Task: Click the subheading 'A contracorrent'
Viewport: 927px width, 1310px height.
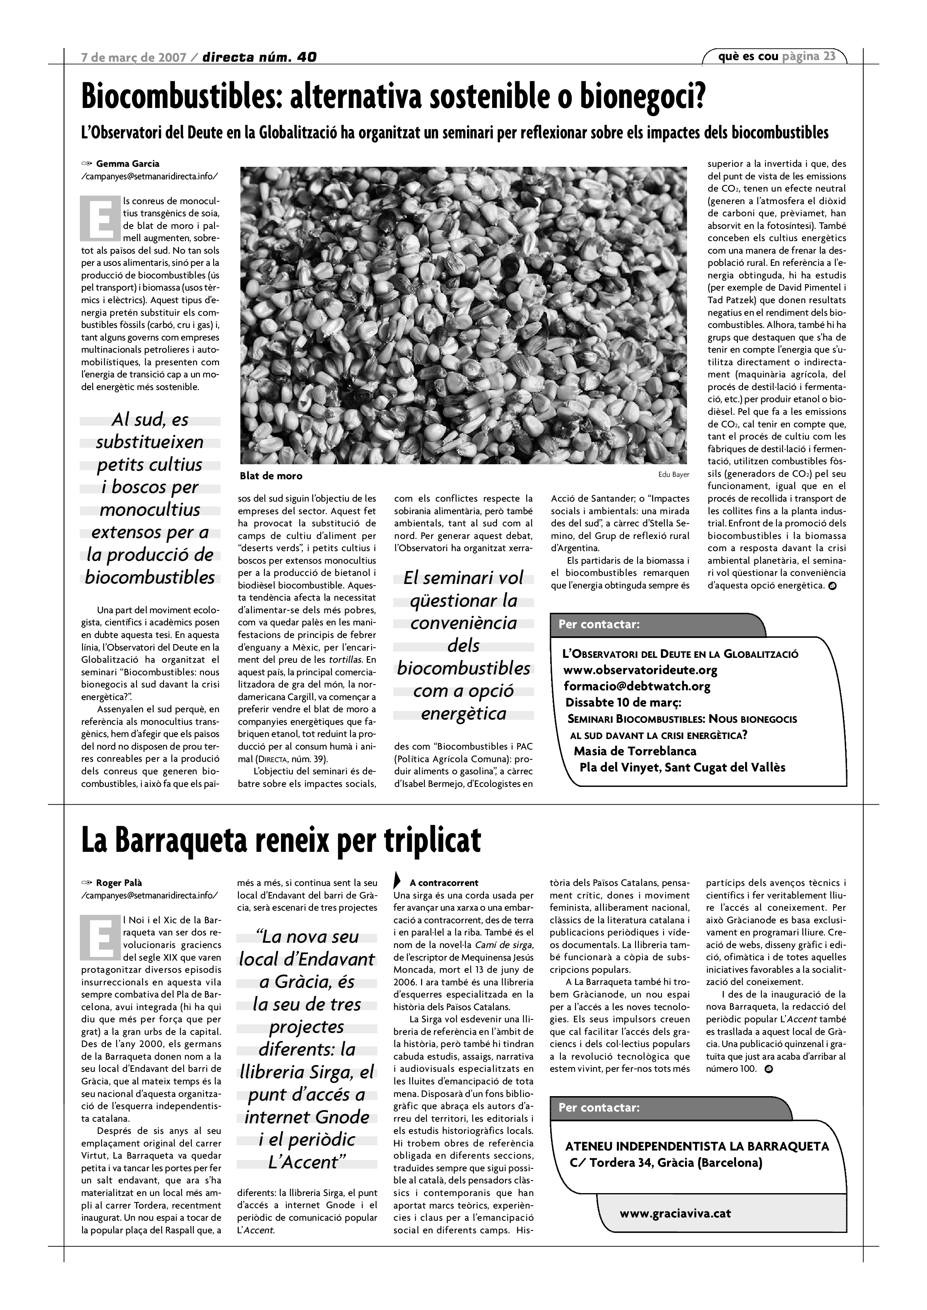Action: (443, 883)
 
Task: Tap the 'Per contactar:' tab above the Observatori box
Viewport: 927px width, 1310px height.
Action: (599, 624)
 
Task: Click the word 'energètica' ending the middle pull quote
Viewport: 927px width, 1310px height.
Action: (464, 713)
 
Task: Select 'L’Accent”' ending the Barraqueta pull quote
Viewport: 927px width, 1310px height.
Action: (307, 1161)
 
